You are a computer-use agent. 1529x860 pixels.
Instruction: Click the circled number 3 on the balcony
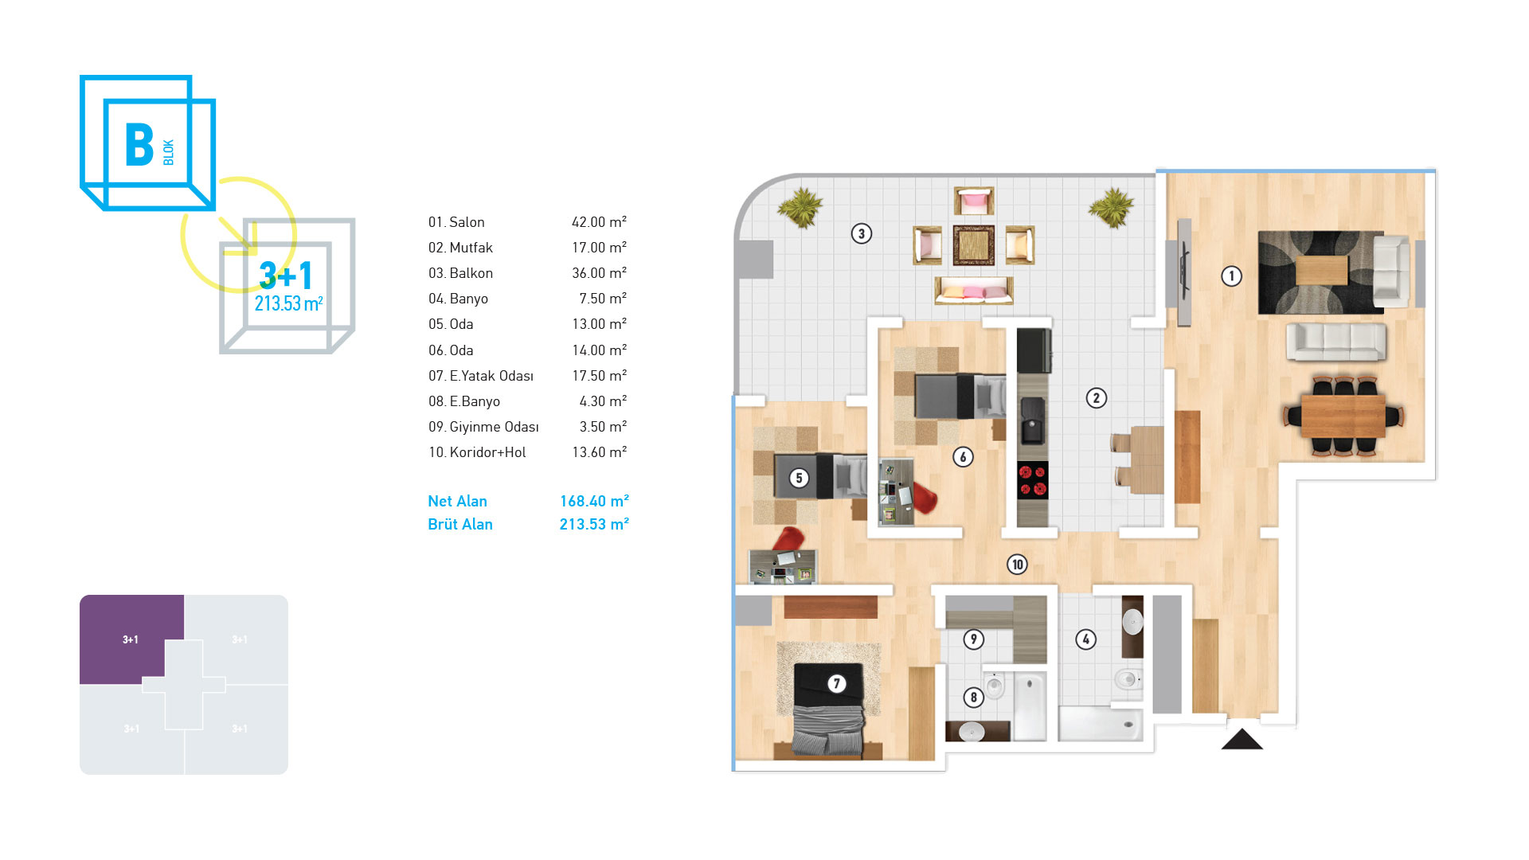(861, 233)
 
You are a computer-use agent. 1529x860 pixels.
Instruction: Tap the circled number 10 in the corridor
(1017, 565)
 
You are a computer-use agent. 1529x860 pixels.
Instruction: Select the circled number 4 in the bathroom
(1085, 639)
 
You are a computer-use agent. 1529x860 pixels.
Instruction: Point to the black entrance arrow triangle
(1242, 740)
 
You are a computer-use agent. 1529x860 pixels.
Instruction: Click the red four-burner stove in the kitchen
(1033, 480)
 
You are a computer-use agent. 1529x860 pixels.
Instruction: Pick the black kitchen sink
(1032, 421)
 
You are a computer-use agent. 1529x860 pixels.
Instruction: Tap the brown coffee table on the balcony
(974, 245)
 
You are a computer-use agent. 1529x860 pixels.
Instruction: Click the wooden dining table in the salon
(1343, 416)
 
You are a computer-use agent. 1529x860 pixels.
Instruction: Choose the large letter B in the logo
(139, 145)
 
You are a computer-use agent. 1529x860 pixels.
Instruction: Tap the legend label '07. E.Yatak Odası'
(481, 376)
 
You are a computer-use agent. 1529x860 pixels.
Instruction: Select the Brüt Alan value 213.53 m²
(594, 524)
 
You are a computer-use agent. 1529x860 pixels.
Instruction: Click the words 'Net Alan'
(457, 501)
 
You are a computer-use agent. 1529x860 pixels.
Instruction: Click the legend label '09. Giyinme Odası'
(483, 427)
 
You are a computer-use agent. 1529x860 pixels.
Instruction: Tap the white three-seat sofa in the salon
(1336, 342)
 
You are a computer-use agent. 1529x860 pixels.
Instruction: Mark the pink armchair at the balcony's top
(974, 201)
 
